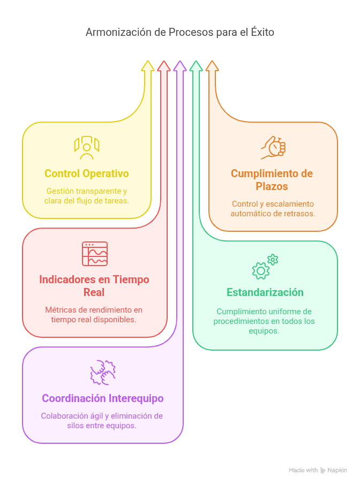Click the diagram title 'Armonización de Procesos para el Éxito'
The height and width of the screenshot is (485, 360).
click(x=180, y=32)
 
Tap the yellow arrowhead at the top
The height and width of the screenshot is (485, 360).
click(x=148, y=66)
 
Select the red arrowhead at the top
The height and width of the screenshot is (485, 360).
click(x=164, y=66)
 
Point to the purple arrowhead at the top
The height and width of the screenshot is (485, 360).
click(x=180, y=66)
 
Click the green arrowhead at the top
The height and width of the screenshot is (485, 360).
click(x=196, y=66)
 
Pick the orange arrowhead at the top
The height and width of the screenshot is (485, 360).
click(x=212, y=66)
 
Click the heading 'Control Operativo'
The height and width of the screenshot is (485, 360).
click(x=87, y=173)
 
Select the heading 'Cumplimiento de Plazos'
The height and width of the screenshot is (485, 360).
click(x=272, y=180)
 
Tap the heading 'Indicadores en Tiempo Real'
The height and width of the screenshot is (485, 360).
click(x=94, y=286)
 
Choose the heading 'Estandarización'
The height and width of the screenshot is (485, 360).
click(x=265, y=292)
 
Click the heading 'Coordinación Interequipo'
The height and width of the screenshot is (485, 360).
click(x=103, y=398)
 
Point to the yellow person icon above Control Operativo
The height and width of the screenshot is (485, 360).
click(x=87, y=148)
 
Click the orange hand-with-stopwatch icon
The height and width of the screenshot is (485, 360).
click(x=273, y=148)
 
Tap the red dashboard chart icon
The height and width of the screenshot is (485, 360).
click(x=95, y=254)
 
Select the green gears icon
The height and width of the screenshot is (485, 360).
click(x=265, y=267)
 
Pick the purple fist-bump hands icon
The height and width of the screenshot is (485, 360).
click(x=103, y=373)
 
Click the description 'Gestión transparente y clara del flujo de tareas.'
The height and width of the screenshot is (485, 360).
click(x=87, y=196)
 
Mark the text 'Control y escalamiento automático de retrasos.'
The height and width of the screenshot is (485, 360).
click(x=273, y=209)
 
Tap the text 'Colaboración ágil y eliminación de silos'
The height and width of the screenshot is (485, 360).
click(x=102, y=421)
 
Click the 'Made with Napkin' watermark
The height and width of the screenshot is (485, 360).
click(x=318, y=470)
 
